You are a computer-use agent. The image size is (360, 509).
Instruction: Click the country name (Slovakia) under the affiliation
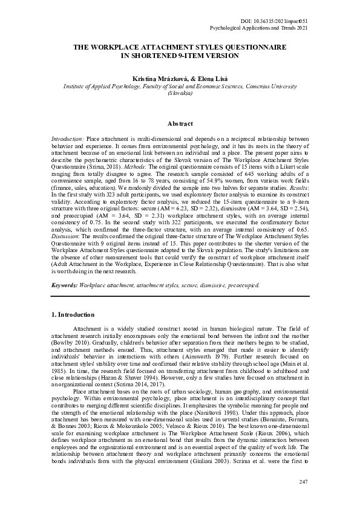pos(180,94)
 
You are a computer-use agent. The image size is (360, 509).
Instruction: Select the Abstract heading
pos(180,123)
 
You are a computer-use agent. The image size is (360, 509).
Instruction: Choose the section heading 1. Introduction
pos(73,315)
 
